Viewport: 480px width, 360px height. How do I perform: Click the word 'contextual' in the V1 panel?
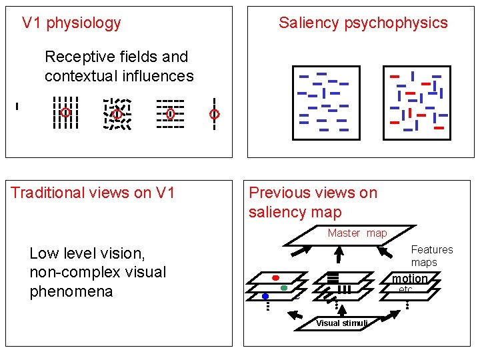(x=79, y=76)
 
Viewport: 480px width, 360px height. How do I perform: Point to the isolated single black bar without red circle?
(x=17, y=105)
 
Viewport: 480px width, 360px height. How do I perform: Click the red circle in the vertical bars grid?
(x=65, y=113)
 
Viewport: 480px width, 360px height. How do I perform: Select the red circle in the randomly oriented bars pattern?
(x=117, y=114)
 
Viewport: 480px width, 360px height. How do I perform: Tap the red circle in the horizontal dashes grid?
(x=170, y=114)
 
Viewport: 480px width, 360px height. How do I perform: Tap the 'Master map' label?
(x=357, y=233)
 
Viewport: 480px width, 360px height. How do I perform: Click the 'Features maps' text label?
(x=431, y=256)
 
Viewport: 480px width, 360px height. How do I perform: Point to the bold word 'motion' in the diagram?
(x=409, y=279)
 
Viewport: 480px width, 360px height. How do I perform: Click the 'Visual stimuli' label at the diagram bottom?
(x=341, y=323)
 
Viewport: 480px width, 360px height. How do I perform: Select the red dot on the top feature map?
(x=275, y=277)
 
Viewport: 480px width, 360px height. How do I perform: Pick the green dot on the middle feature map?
(x=284, y=288)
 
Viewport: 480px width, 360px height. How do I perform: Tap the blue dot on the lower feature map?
(x=265, y=295)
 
